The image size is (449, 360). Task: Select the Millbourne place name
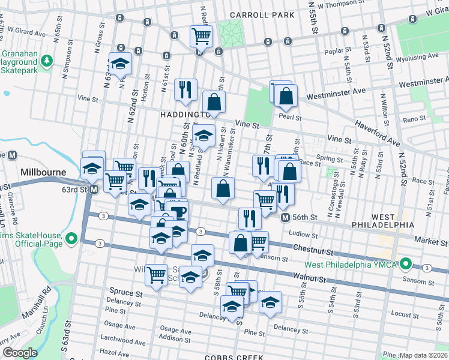pyautogui.click(x=42, y=172)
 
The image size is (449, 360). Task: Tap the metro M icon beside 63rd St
pyautogui.click(x=94, y=190)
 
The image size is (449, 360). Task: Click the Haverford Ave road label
pyautogui.click(x=377, y=131)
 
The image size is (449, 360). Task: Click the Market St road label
pyautogui.click(x=430, y=239)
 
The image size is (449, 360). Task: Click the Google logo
pyautogui.click(x=20, y=353)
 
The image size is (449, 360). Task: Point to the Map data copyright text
pyautogui.click(x=423, y=355)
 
